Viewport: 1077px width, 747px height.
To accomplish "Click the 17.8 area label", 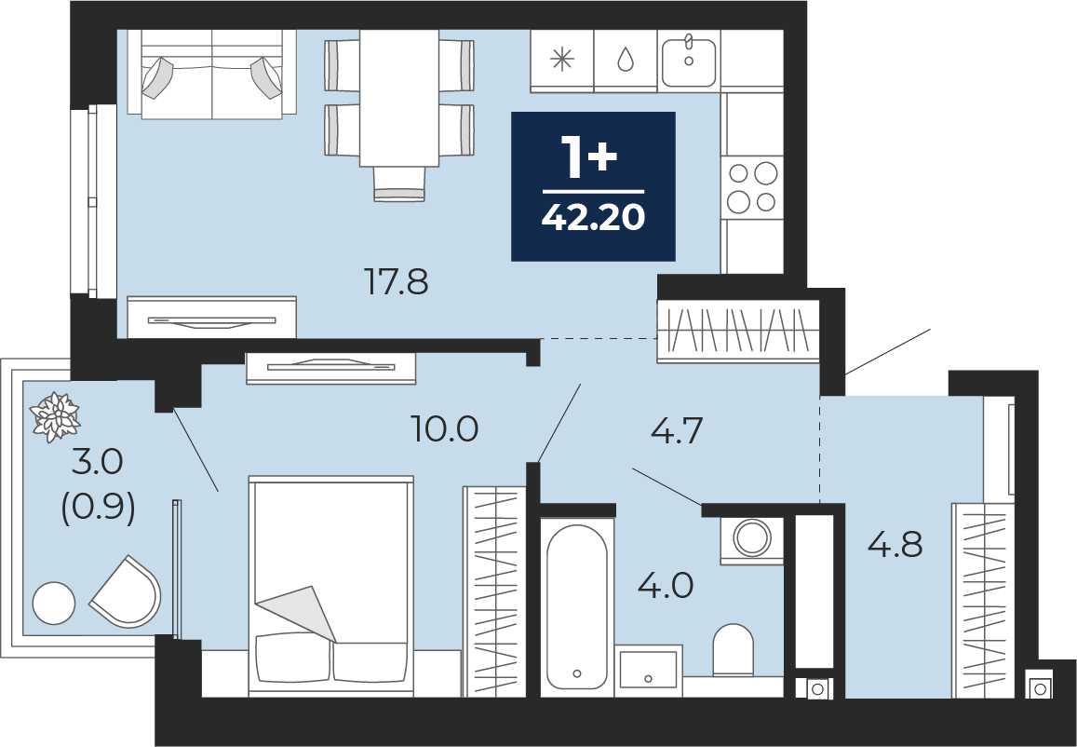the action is (397, 282).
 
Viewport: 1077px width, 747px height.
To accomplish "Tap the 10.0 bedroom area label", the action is (444, 429).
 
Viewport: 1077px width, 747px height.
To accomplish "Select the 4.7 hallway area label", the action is (677, 431).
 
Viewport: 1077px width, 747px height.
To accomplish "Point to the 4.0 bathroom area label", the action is (666, 586).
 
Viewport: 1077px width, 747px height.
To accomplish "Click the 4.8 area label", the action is (895, 544).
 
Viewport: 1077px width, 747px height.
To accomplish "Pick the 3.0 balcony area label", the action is (98, 463).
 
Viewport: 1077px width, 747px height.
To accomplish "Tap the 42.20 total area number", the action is (594, 218).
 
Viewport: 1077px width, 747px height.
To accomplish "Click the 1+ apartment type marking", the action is (589, 157).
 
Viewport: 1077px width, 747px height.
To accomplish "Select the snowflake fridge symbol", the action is (562, 60).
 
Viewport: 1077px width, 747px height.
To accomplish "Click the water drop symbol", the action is (625, 59).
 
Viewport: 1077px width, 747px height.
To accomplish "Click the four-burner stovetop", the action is (752, 186).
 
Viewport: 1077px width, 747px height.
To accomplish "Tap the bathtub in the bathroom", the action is (577, 607).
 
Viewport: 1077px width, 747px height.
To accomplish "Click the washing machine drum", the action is (752, 536).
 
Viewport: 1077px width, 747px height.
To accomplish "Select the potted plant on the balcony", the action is (55, 416).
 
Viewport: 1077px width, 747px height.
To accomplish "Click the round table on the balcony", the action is (54, 603).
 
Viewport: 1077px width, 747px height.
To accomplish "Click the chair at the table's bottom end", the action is (399, 183).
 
